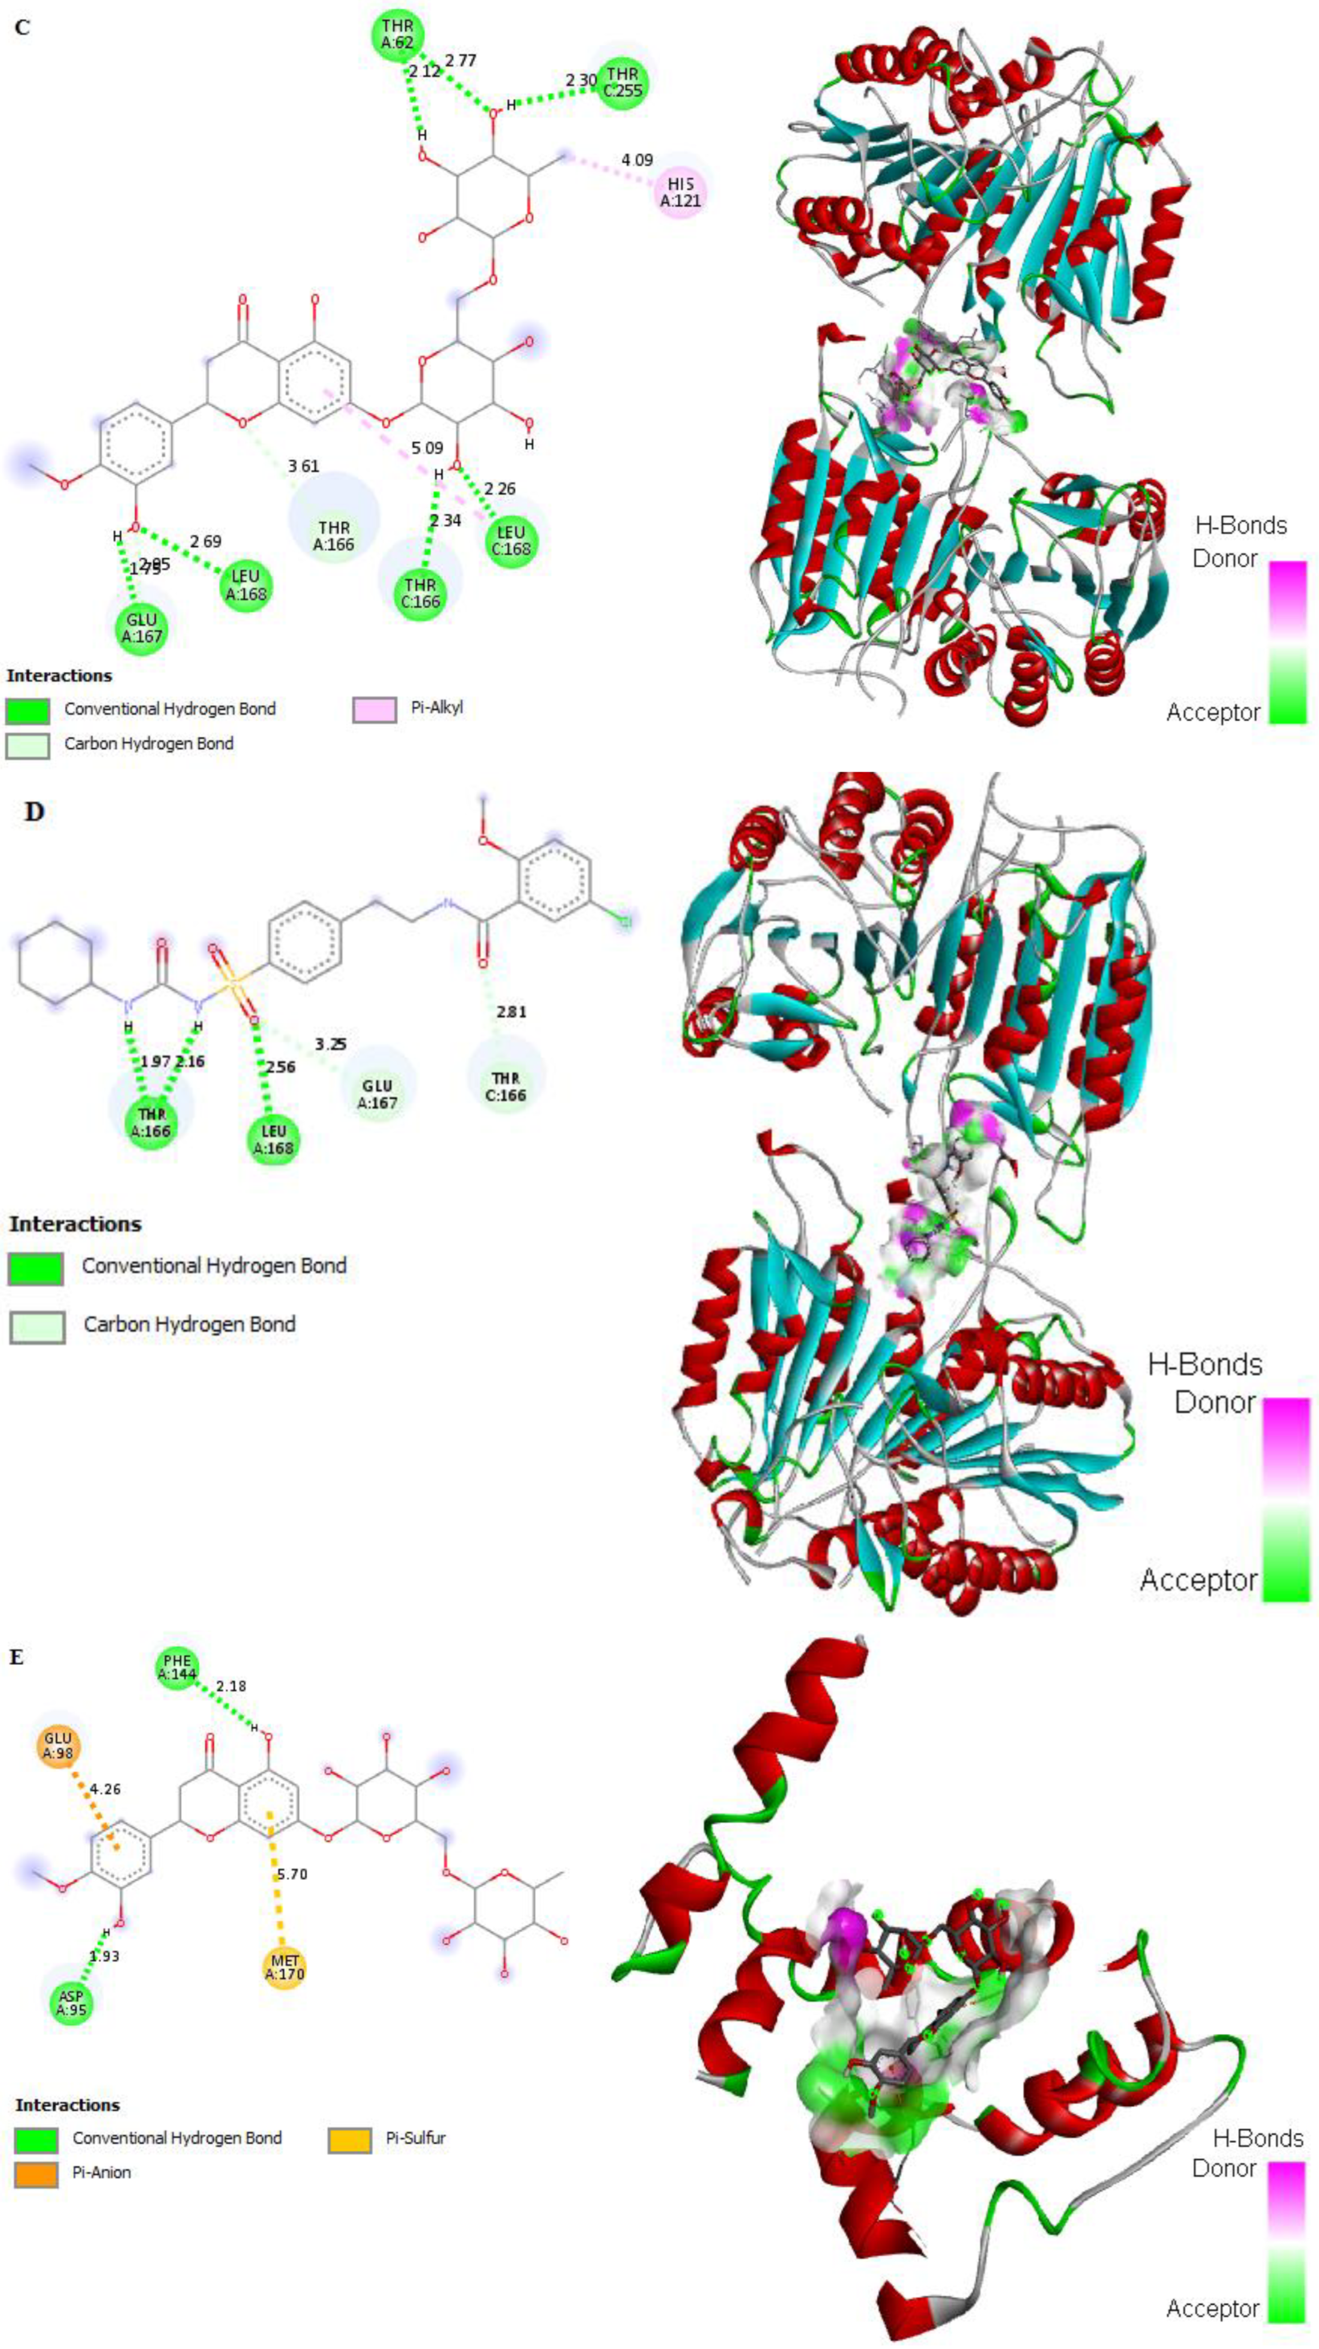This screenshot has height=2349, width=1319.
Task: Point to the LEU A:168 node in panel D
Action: tap(273, 1140)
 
